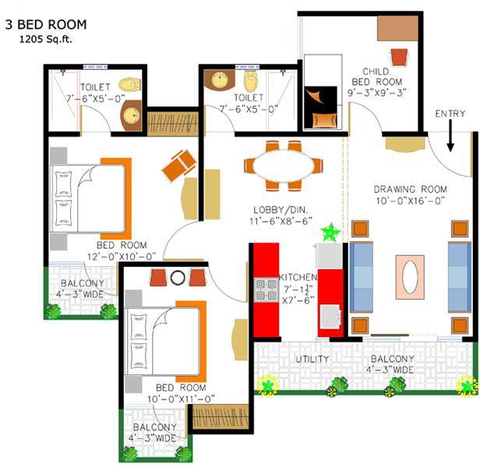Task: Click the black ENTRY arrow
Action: coord(450,135)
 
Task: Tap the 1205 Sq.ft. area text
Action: coord(46,40)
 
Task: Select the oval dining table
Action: coord(284,166)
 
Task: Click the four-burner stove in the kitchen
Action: coord(266,290)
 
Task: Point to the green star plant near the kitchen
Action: coord(330,233)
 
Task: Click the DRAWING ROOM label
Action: coord(410,189)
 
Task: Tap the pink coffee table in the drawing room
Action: coord(410,277)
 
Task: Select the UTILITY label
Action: coord(312,359)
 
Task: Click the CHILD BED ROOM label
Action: coord(376,77)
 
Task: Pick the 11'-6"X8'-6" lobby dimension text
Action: coord(281,221)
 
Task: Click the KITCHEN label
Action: coord(298,277)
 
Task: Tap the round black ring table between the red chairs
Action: coord(178,278)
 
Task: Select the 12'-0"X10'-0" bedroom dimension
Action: coord(122,256)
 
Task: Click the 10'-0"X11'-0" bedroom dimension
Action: coord(181,399)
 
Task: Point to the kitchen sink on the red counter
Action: coord(330,317)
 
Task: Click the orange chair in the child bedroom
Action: coord(400,57)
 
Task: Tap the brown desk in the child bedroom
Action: coord(397,28)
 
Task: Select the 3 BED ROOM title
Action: coord(46,25)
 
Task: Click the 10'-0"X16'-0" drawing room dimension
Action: coord(410,201)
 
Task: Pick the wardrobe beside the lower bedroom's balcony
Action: coord(221,416)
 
